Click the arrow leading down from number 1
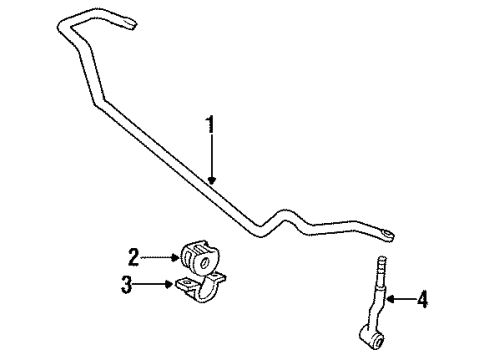pyautogui.click(x=212, y=160)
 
